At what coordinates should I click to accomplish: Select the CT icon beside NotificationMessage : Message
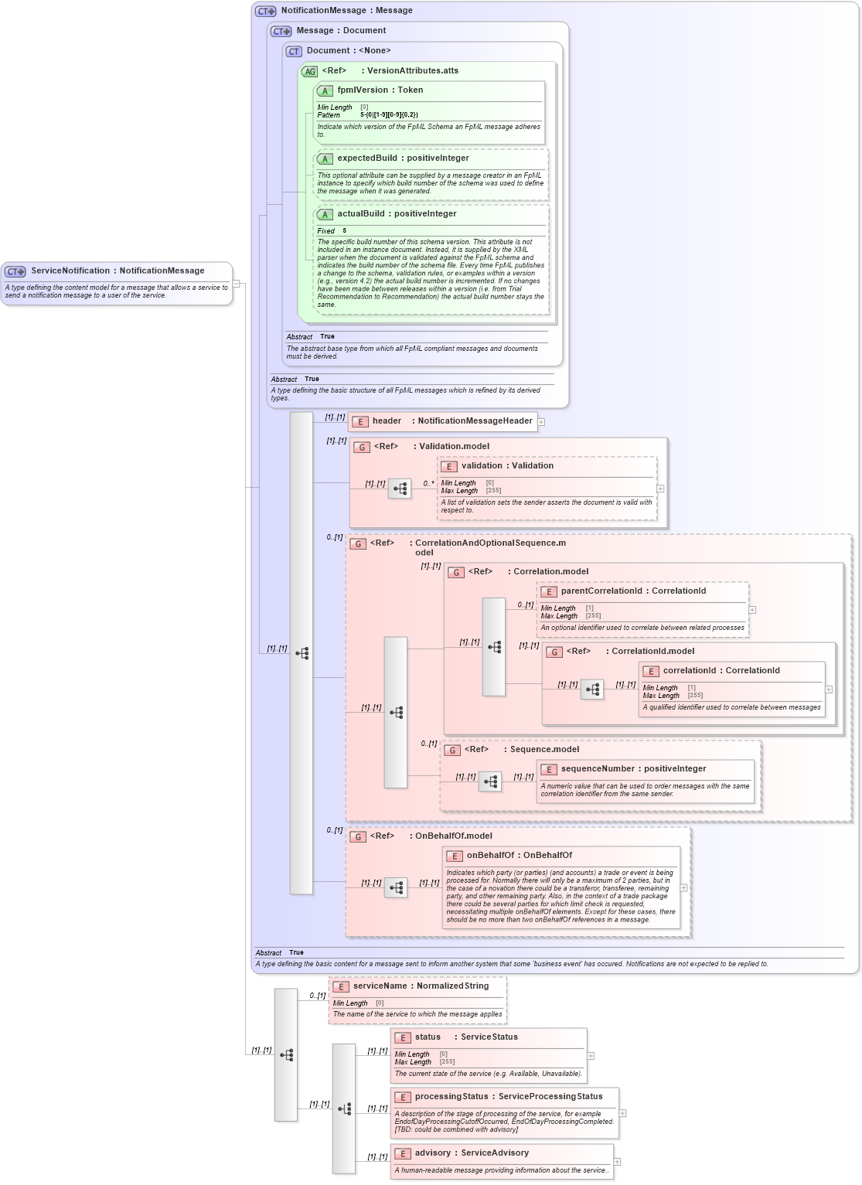tap(266, 12)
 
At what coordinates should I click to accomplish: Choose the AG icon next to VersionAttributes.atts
tap(309, 72)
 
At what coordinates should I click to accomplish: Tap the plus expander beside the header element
tap(542, 422)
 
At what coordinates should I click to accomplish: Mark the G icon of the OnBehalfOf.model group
tap(358, 837)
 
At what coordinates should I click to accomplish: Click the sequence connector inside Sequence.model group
tap(490, 781)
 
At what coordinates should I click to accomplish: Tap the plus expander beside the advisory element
tap(618, 1162)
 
